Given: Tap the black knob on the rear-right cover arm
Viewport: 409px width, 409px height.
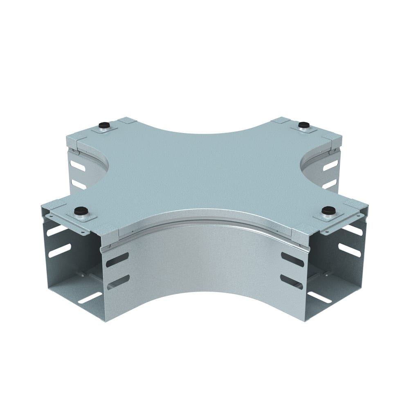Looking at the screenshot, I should pos(303,124).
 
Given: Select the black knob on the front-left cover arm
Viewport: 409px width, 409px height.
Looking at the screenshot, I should pos(80,211).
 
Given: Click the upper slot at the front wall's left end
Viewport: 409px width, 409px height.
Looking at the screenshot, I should pos(117,260).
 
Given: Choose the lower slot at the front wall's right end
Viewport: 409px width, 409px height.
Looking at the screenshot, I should pos(292,281).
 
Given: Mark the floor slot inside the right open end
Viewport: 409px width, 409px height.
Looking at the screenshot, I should pos(319,297).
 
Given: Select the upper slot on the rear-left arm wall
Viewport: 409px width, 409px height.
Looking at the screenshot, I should pos(77,166).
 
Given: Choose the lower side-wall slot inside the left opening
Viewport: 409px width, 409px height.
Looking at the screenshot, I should pos(59,250).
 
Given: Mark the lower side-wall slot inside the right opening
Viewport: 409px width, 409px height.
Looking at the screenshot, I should pos(350,250).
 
